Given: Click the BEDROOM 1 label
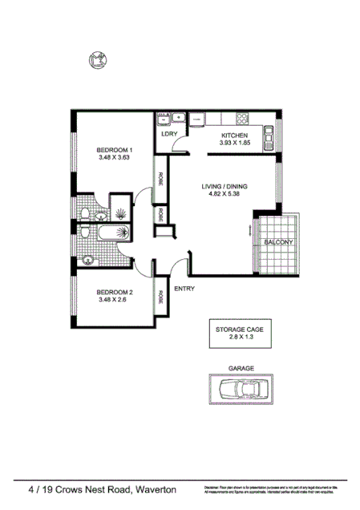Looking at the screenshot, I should point(113,149).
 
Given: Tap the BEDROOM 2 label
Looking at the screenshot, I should point(113,292).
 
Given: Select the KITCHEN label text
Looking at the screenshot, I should point(235,136).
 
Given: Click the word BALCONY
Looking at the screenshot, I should point(280,241).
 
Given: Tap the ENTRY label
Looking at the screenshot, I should point(184,289).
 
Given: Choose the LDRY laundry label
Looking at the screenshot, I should point(168,135).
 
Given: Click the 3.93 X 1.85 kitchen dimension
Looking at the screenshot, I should point(235,144).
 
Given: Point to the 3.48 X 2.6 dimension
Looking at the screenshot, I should point(113,300).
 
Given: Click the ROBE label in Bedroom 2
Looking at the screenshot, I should point(160,297).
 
